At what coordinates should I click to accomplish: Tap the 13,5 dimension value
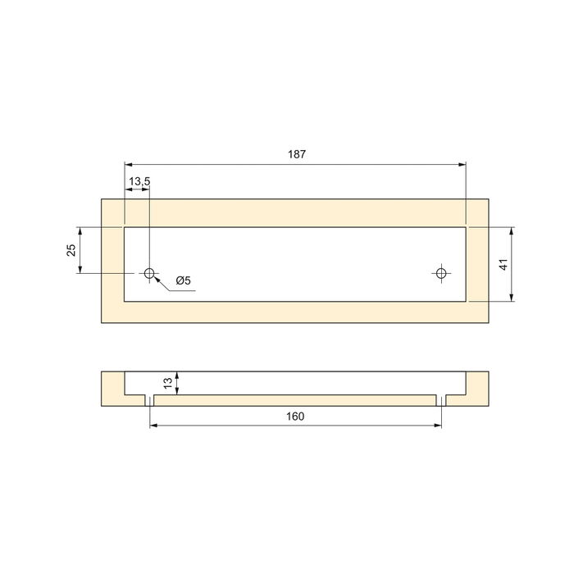[139, 180]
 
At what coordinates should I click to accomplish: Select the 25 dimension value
[71, 249]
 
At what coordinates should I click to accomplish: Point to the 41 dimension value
[503, 264]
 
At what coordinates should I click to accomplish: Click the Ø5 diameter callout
[182, 281]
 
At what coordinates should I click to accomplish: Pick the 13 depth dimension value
[168, 382]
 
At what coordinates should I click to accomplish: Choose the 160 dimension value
[296, 417]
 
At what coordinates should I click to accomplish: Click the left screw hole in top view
[149, 272]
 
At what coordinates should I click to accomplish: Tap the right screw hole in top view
[442, 272]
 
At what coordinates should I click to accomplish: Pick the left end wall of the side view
[112, 385]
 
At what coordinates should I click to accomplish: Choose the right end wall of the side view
[478, 385]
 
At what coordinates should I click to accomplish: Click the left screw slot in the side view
[149, 400]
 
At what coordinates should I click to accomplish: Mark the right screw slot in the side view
[442, 400]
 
